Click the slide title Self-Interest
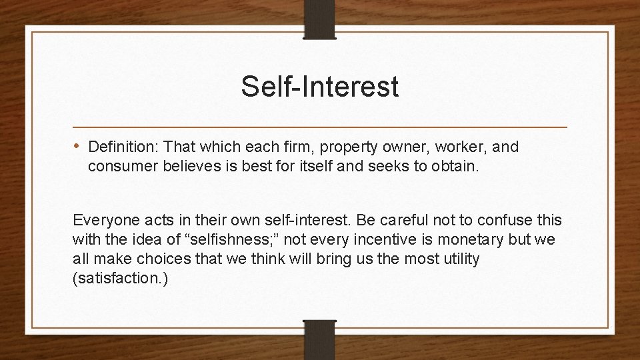(320, 87)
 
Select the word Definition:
(122, 146)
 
